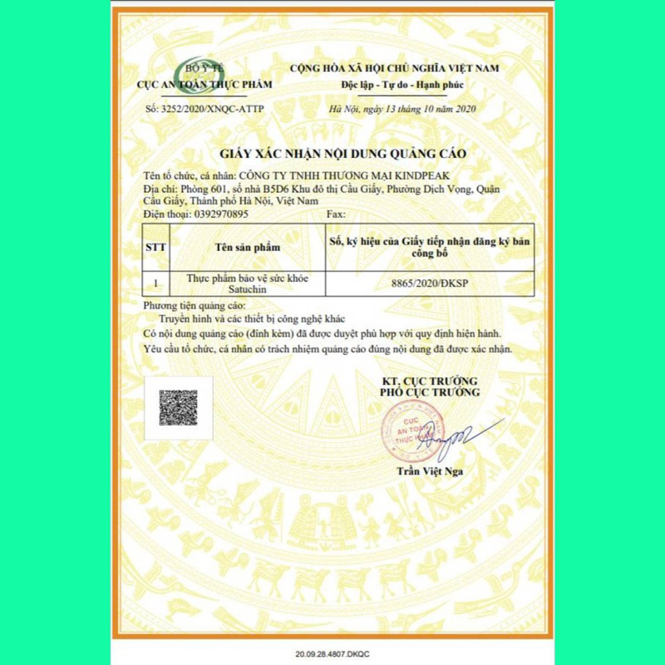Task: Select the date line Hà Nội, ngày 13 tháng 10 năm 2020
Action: [402, 109]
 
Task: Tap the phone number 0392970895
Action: [220, 214]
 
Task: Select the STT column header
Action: [155, 247]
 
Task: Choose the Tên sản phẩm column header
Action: [247, 247]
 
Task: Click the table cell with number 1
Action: [155, 283]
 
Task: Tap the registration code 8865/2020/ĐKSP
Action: [429, 284]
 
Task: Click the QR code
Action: [178, 408]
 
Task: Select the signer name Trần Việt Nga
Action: [430, 471]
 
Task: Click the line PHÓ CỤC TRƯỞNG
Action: [430, 392]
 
